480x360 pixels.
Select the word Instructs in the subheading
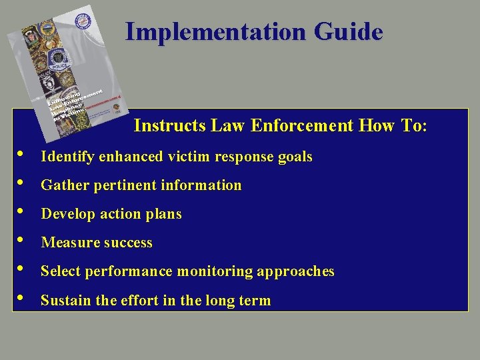170,125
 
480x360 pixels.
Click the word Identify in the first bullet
67,157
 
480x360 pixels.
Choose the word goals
295,157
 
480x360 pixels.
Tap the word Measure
68,243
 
